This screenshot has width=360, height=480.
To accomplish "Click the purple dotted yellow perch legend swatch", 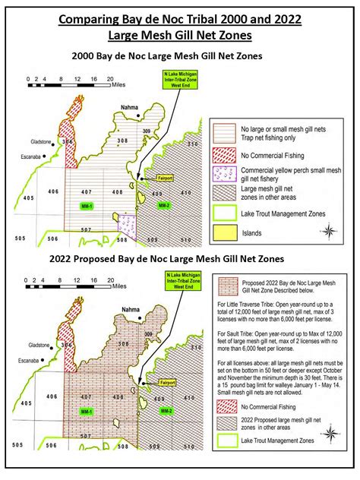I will click(x=223, y=172).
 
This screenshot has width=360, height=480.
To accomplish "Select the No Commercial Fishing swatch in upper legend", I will click(x=223, y=155).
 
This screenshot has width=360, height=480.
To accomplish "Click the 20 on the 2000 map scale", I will click(x=111, y=79).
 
